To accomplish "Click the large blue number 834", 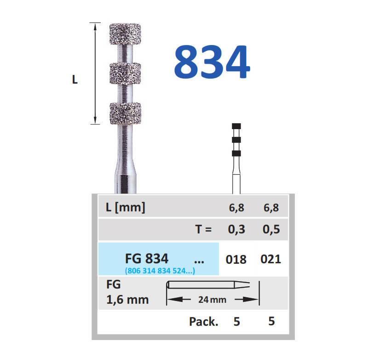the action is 212,62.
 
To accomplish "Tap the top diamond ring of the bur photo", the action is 125,34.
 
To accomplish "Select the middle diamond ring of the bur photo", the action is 125,74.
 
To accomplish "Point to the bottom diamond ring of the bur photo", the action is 125,113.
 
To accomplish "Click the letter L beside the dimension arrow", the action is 75,79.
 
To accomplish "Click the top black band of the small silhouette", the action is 236,126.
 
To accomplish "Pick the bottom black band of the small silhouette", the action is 236,153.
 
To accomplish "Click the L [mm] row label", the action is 125,208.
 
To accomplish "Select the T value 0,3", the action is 236,229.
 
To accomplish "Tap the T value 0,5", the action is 271,229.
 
